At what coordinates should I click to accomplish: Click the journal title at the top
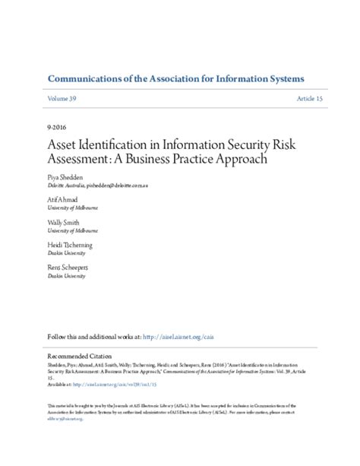(x=175, y=79)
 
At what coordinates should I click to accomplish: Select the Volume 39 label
(x=62, y=100)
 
